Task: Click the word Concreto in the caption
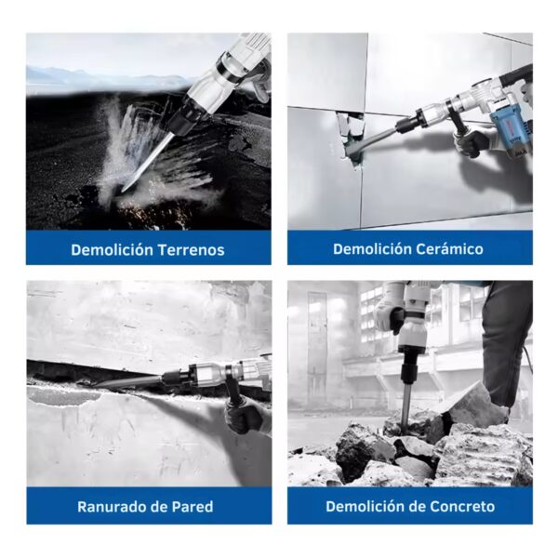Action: click(462, 506)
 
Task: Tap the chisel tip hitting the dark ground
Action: click(123, 191)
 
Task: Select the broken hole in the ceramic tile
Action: click(351, 136)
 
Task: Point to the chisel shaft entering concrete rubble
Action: click(405, 409)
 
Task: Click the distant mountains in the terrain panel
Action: click(107, 77)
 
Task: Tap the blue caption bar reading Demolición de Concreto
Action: click(410, 506)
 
